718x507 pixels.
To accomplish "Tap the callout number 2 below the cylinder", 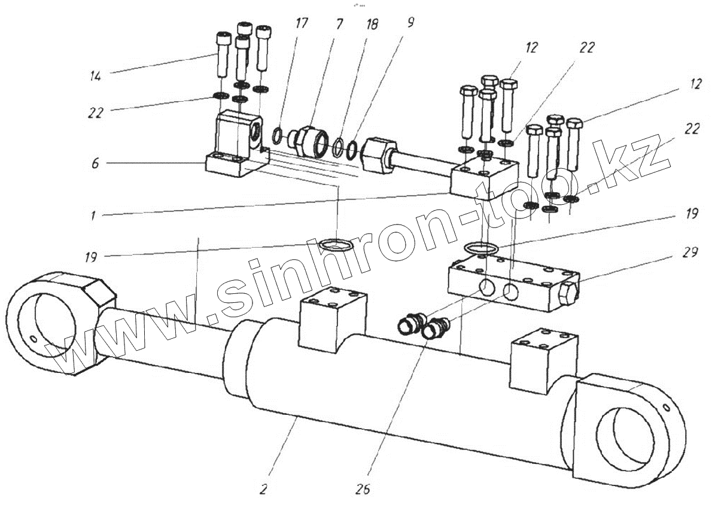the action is click(263, 488).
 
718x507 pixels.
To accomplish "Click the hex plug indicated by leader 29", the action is click(568, 293).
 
